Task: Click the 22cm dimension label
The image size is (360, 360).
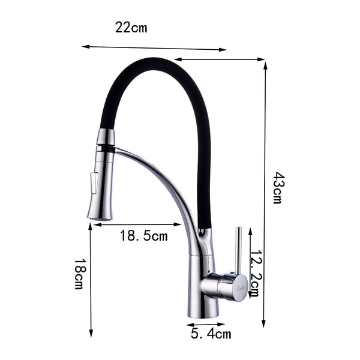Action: click(x=131, y=27)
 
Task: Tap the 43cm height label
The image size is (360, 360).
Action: click(x=277, y=188)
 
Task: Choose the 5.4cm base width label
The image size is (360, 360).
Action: click(x=211, y=334)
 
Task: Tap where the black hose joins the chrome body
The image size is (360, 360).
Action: click(x=205, y=231)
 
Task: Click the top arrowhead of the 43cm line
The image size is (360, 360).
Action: click(x=265, y=62)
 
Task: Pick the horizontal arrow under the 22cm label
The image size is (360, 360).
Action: click(x=154, y=47)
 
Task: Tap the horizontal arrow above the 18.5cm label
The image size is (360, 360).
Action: click(x=135, y=225)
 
